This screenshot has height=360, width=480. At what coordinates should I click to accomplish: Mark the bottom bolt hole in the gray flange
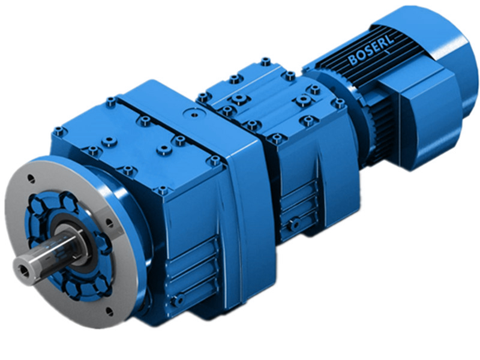coord(109,311)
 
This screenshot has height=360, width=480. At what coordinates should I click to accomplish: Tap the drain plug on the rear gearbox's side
coord(293,225)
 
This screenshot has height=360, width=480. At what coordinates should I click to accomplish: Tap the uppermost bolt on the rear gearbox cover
coord(265,61)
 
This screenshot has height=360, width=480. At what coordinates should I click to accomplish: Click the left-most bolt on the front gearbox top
coord(58,131)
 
